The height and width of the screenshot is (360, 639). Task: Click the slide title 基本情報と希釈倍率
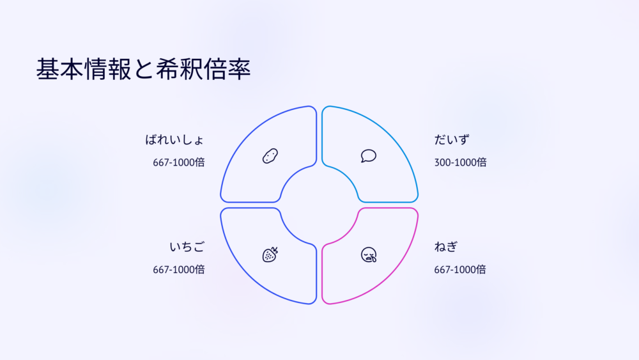[143, 69]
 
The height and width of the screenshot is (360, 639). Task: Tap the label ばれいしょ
[174, 140]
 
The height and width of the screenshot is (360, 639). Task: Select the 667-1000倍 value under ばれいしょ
[179, 162]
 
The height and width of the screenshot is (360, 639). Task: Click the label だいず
[452, 140]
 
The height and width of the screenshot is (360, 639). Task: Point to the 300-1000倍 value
[460, 162]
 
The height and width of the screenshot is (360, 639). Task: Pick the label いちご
[187, 247]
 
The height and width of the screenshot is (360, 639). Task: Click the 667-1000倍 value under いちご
[179, 269]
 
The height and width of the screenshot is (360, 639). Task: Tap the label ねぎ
[446, 247]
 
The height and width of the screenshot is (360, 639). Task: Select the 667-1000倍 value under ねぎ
[460, 269]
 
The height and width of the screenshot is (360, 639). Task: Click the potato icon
[270, 156]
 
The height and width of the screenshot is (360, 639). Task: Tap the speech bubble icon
[369, 156]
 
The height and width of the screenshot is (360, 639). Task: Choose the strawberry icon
[270, 254]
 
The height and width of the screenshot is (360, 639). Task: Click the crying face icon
[369, 254]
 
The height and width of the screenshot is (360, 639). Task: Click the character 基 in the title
[48, 69]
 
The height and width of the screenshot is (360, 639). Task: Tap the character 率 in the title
[239, 69]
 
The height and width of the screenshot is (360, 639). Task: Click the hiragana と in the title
[143, 69]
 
